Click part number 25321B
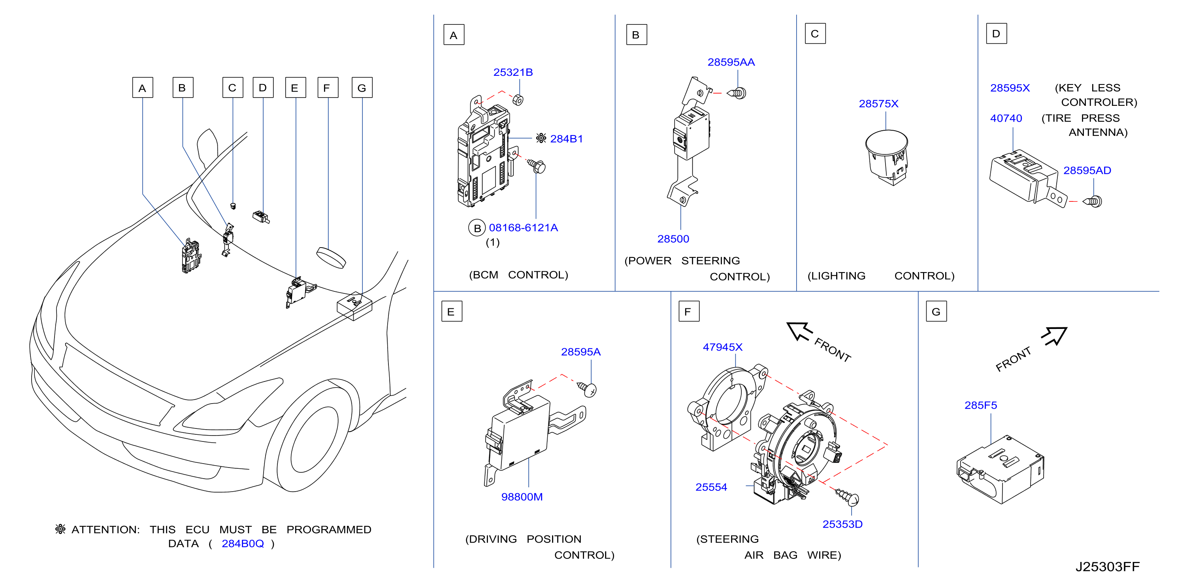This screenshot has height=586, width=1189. [513, 72]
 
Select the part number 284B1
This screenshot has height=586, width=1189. [566, 139]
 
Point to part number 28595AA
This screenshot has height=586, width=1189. [731, 62]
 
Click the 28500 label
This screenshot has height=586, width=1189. [673, 239]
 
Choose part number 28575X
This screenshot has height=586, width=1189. [878, 104]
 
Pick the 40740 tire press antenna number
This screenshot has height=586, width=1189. [1006, 118]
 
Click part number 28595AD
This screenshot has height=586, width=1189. [1087, 171]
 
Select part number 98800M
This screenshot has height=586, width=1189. [522, 497]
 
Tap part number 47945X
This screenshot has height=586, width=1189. [722, 347]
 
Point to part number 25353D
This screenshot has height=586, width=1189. [842, 524]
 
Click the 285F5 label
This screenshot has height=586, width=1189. [980, 405]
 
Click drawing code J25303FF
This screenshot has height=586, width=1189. [1107, 567]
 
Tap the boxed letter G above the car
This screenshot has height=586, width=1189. [362, 88]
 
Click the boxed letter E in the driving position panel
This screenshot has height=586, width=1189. [451, 312]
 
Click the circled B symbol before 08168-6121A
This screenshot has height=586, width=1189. [477, 228]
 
